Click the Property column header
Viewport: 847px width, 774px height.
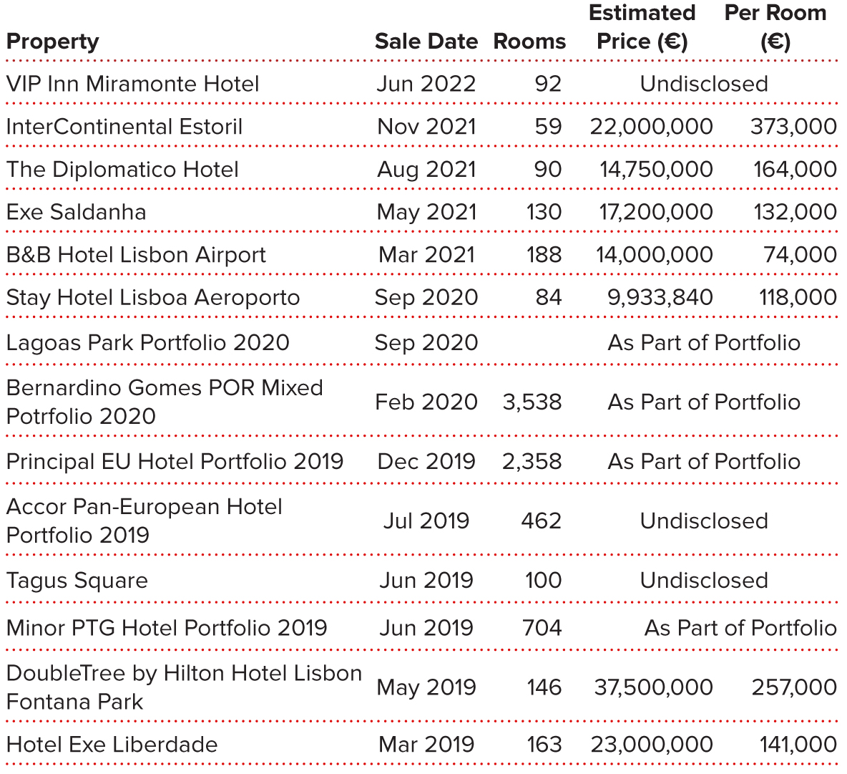click(52, 42)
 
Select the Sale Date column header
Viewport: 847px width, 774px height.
click(426, 42)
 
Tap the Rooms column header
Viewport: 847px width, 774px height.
click(529, 42)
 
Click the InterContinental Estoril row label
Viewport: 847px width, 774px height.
click(124, 127)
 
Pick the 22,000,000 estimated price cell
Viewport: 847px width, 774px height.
click(651, 127)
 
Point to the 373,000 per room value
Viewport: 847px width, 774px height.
click(793, 127)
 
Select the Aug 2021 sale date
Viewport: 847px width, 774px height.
click(426, 170)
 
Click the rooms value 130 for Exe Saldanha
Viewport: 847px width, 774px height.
click(543, 212)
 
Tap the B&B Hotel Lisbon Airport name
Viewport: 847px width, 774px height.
click(136, 255)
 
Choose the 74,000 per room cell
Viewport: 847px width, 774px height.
click(800, 255)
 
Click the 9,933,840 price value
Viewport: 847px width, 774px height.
click(660, 297)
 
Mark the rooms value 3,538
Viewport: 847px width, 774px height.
click(532, 402)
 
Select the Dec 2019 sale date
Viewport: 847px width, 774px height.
click(426, 462)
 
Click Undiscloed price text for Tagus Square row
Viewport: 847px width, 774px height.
click(704, 581)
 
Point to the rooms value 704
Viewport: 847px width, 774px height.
click(542, 628)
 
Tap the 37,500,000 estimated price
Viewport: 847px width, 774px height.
click(653, 687)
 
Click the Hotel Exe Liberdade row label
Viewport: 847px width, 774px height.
click(112, 745)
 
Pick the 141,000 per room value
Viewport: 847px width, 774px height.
click(798, 745)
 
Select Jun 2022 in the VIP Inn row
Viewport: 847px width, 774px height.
click(426, 84)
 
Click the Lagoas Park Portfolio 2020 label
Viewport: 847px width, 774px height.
click(147, 342)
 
